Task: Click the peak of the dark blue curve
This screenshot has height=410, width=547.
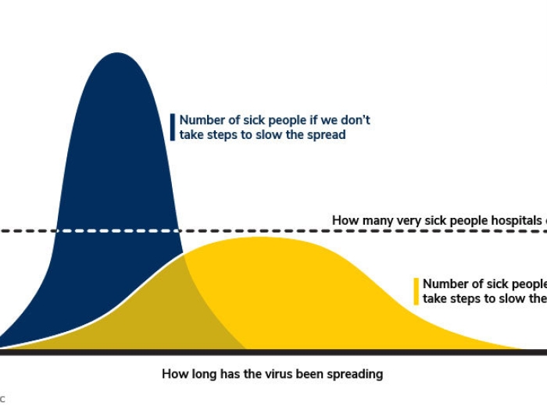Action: click(117, 54)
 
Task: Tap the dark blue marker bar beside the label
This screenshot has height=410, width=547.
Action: click(173, 127)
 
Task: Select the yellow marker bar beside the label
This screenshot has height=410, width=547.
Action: click(417, 291)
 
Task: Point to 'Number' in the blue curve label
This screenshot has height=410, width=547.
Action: click(203, 120)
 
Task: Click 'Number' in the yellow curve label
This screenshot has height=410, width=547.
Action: click(446, 283)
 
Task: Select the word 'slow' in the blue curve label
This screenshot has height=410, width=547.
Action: click(273, 134)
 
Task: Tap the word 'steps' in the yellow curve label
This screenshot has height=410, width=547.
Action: click(469, 298)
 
